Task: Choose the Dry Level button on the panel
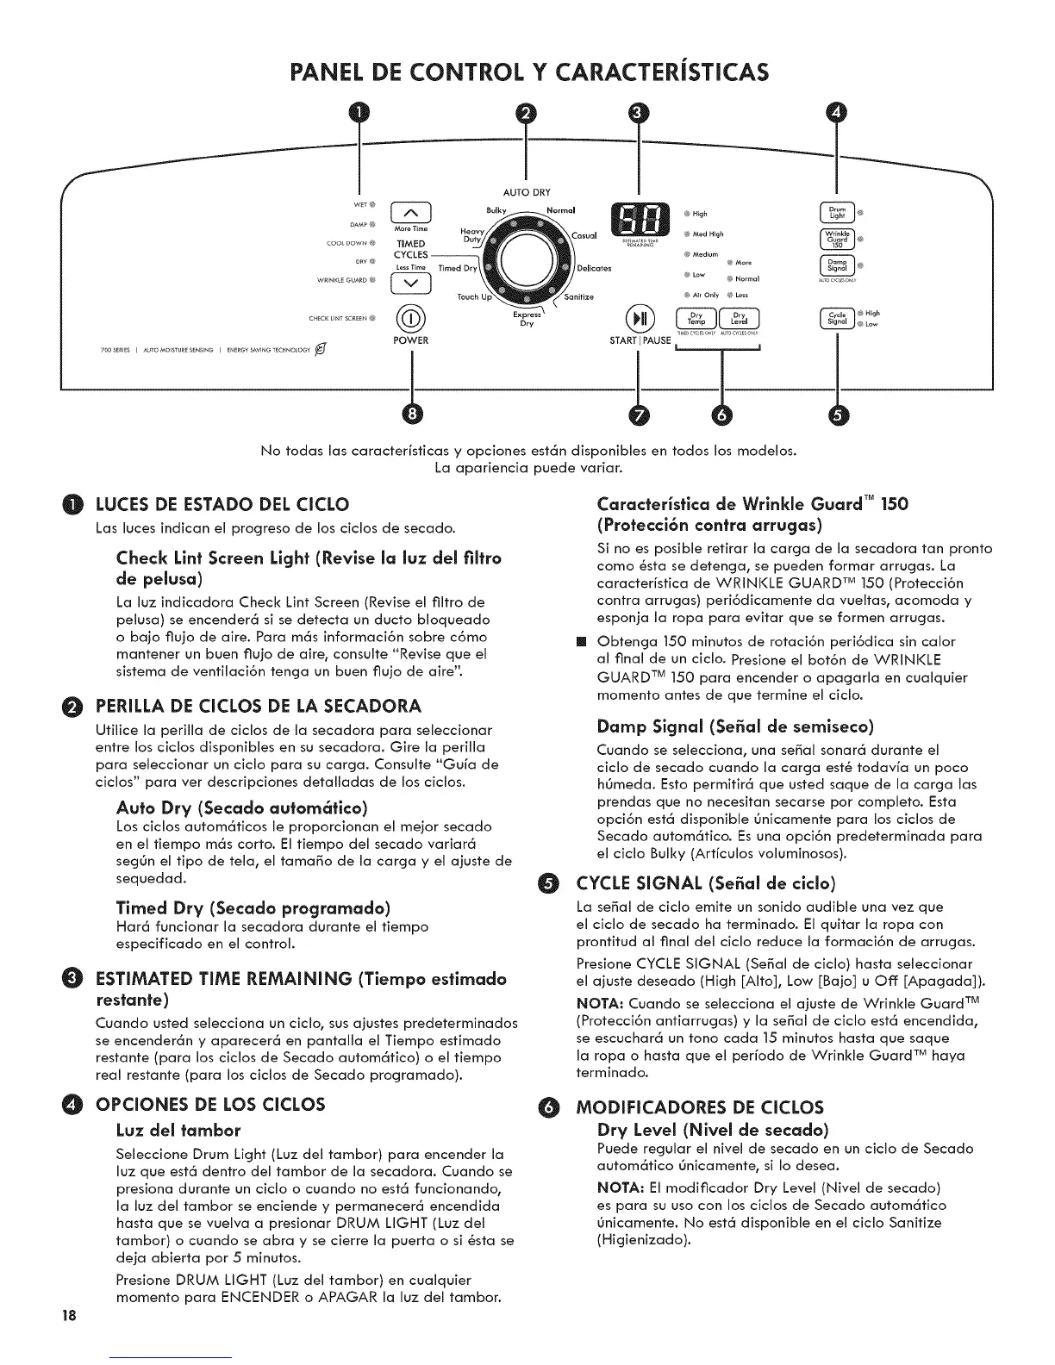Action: click(739, 318)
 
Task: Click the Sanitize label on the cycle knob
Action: click(578, 297)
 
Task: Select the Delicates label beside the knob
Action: click(594, 268)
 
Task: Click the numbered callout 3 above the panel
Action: click(636, 113)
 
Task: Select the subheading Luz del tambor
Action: click(178, 1129)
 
